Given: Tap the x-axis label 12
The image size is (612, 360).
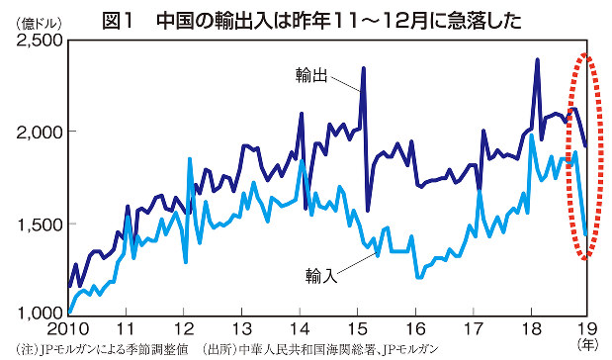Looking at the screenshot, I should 185,328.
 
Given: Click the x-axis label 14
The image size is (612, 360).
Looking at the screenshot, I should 301,328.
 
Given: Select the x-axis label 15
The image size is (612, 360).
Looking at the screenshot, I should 359,328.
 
